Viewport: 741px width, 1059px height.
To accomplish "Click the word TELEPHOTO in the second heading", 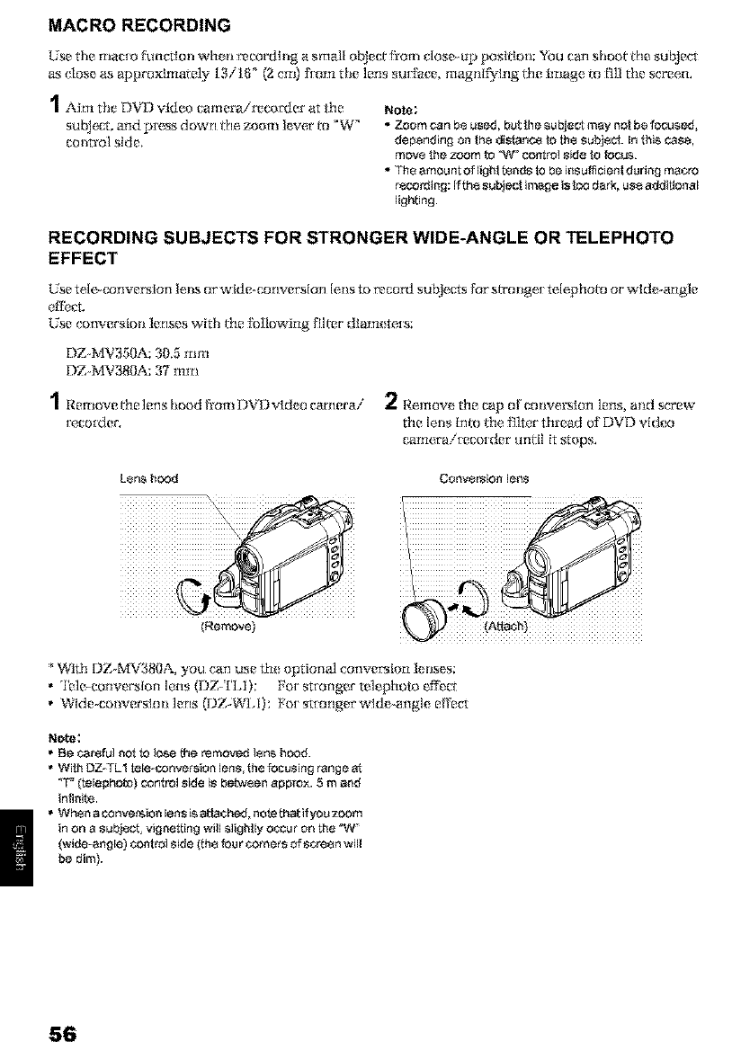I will coord(628,239).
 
